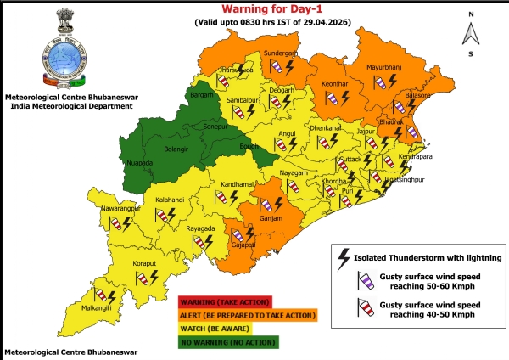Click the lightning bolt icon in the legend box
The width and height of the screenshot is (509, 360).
[x=344, y=256]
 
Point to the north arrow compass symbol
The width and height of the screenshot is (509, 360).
[x=471, y=33]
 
